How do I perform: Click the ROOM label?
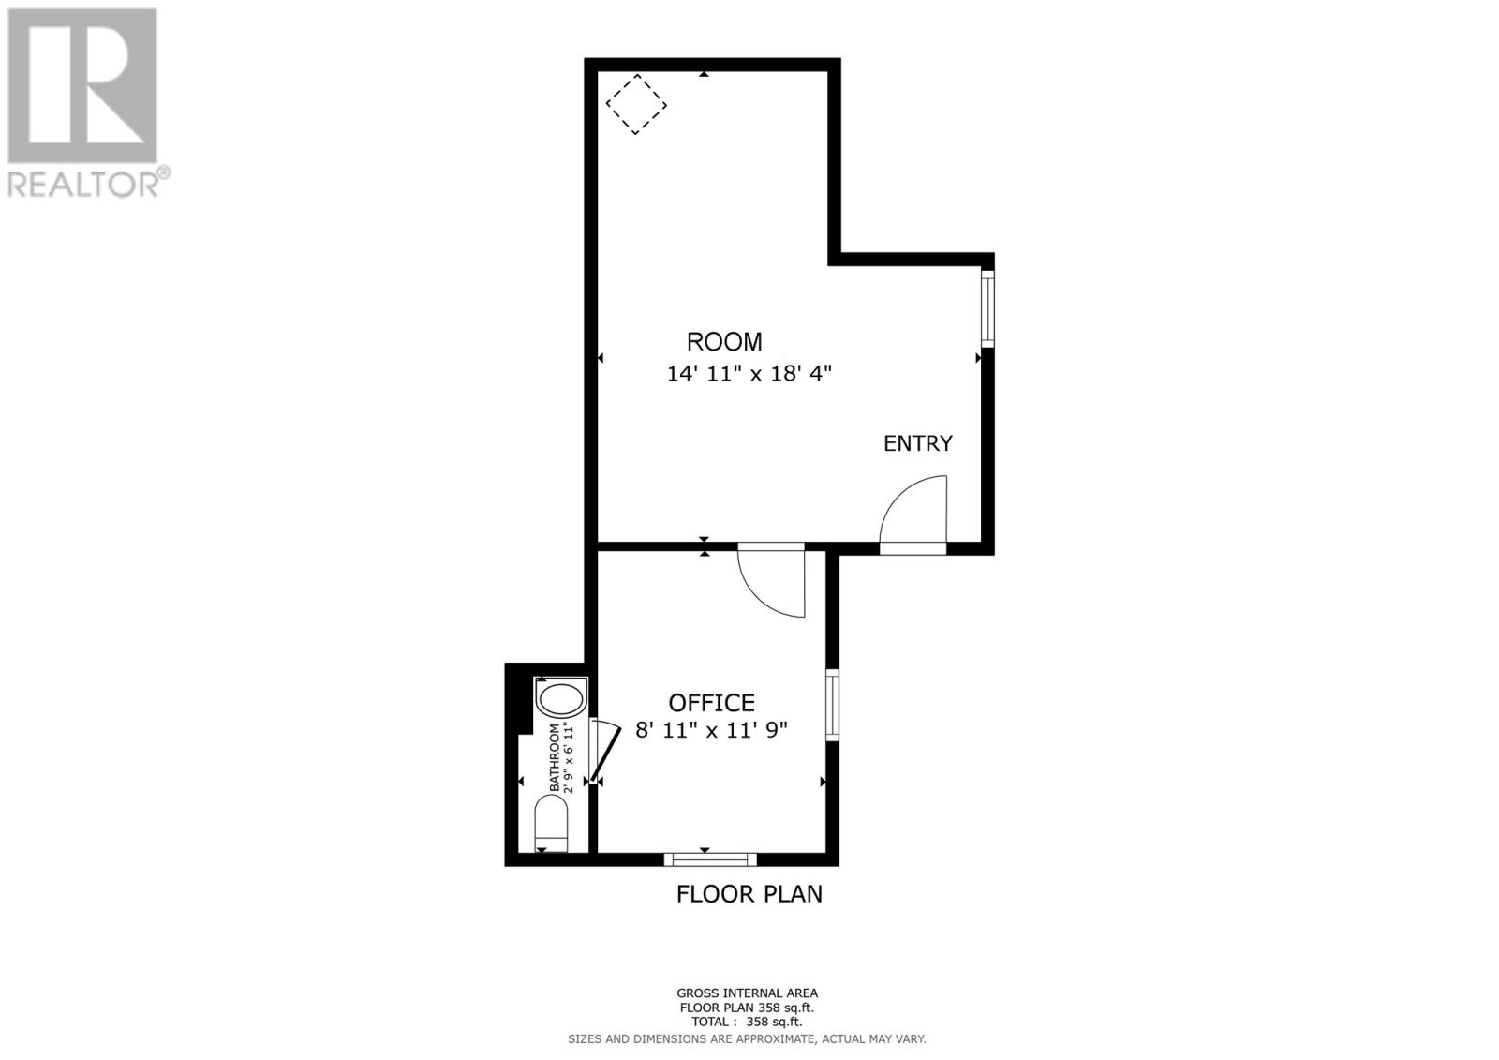[x=724, y=342]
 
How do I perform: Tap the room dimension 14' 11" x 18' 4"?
[x=749, y=374]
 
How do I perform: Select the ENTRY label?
[x=918, y=443]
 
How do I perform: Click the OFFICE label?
[x=712, y=703]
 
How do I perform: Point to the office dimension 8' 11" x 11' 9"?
[x=712, y=730]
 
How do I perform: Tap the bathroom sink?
[x=560, y=700]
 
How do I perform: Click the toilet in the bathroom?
[x=551, y=823]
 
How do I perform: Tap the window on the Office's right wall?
[x=831, y=705]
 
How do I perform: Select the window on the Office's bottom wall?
[x=710, y=858]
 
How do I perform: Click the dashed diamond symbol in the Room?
[x=636, y=104]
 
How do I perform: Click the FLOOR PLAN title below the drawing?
[x=749, y=894]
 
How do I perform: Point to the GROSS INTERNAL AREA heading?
[x=747, y=993]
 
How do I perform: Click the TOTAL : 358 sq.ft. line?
[x=747, y=1023]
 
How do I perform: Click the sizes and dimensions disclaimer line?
[x=747, y=1038]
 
